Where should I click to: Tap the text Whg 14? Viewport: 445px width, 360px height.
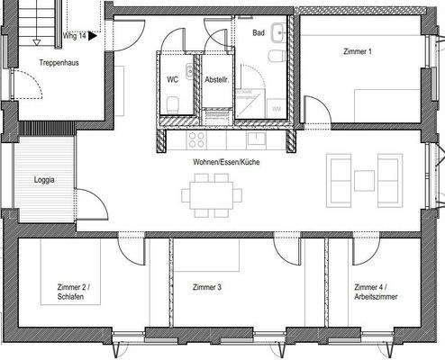tap(75, 38)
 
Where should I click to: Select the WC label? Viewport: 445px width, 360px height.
tap(173, 79)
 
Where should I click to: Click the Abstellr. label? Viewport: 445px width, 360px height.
tap(217, 79)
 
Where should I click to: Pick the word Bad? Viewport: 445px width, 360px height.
tap(259, 32)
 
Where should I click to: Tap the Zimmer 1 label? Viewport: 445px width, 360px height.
tap(358, 51)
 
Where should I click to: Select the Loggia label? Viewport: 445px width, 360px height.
tap(43, 180)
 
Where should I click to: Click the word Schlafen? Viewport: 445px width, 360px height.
tap(71, 297)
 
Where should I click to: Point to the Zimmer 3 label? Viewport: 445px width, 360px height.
tap(207, 288)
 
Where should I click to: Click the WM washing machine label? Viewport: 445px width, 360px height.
tap(276, 109)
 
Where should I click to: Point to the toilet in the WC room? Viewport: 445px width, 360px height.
tap(188, 72)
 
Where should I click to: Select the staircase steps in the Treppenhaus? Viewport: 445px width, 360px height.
tap(36, 22)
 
